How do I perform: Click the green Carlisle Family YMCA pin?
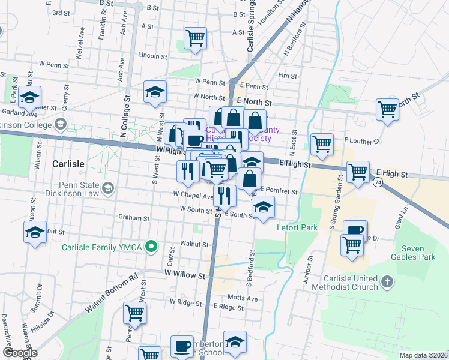(152, 245)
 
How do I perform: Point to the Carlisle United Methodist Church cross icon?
(387, 280)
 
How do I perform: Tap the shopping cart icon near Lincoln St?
(196, 38)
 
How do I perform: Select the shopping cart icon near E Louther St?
(322, 144)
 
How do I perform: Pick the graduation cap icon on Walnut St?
(35, 232)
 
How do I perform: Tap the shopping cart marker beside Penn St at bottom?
(134, 313)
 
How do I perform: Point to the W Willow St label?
(185, 273)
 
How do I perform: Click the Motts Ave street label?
(243, 298)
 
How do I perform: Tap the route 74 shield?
(378, 181)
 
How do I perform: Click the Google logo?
(19, 353)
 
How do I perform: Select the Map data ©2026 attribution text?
(424, 355)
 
